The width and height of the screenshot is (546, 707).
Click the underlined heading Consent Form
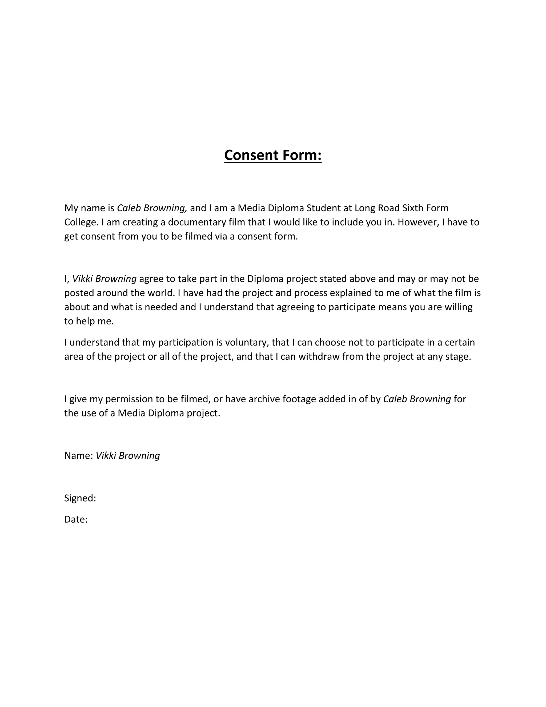point(273,155)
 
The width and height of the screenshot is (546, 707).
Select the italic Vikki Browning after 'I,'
point(104,279)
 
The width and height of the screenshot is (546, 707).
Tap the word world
point(161,293)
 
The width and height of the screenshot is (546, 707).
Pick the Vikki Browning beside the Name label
point(128,456)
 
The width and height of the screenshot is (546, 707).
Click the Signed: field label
point(80,498)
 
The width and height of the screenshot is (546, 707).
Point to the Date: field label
point(76,519)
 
